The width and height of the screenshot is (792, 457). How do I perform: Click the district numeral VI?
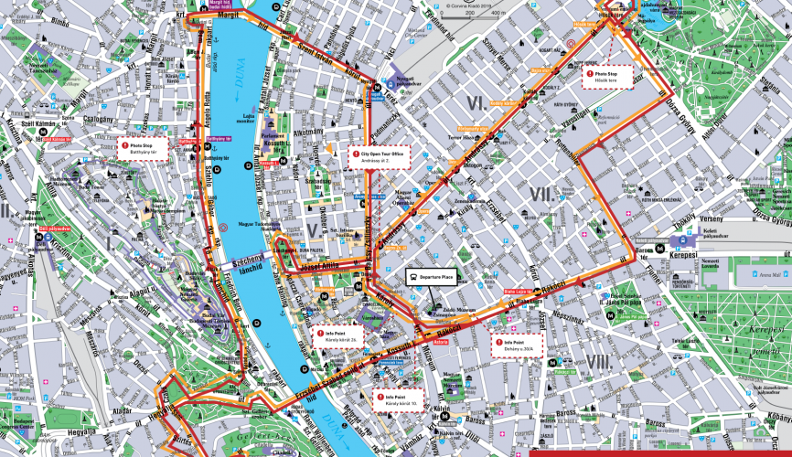(x=475, y=102)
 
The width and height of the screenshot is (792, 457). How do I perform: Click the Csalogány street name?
(x=98, y=119)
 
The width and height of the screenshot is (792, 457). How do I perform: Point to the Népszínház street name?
(x=560, y=320)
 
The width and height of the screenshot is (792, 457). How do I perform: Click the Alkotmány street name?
(x=306, y=134)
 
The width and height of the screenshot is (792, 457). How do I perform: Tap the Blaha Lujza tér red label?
(x=518, y=293)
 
